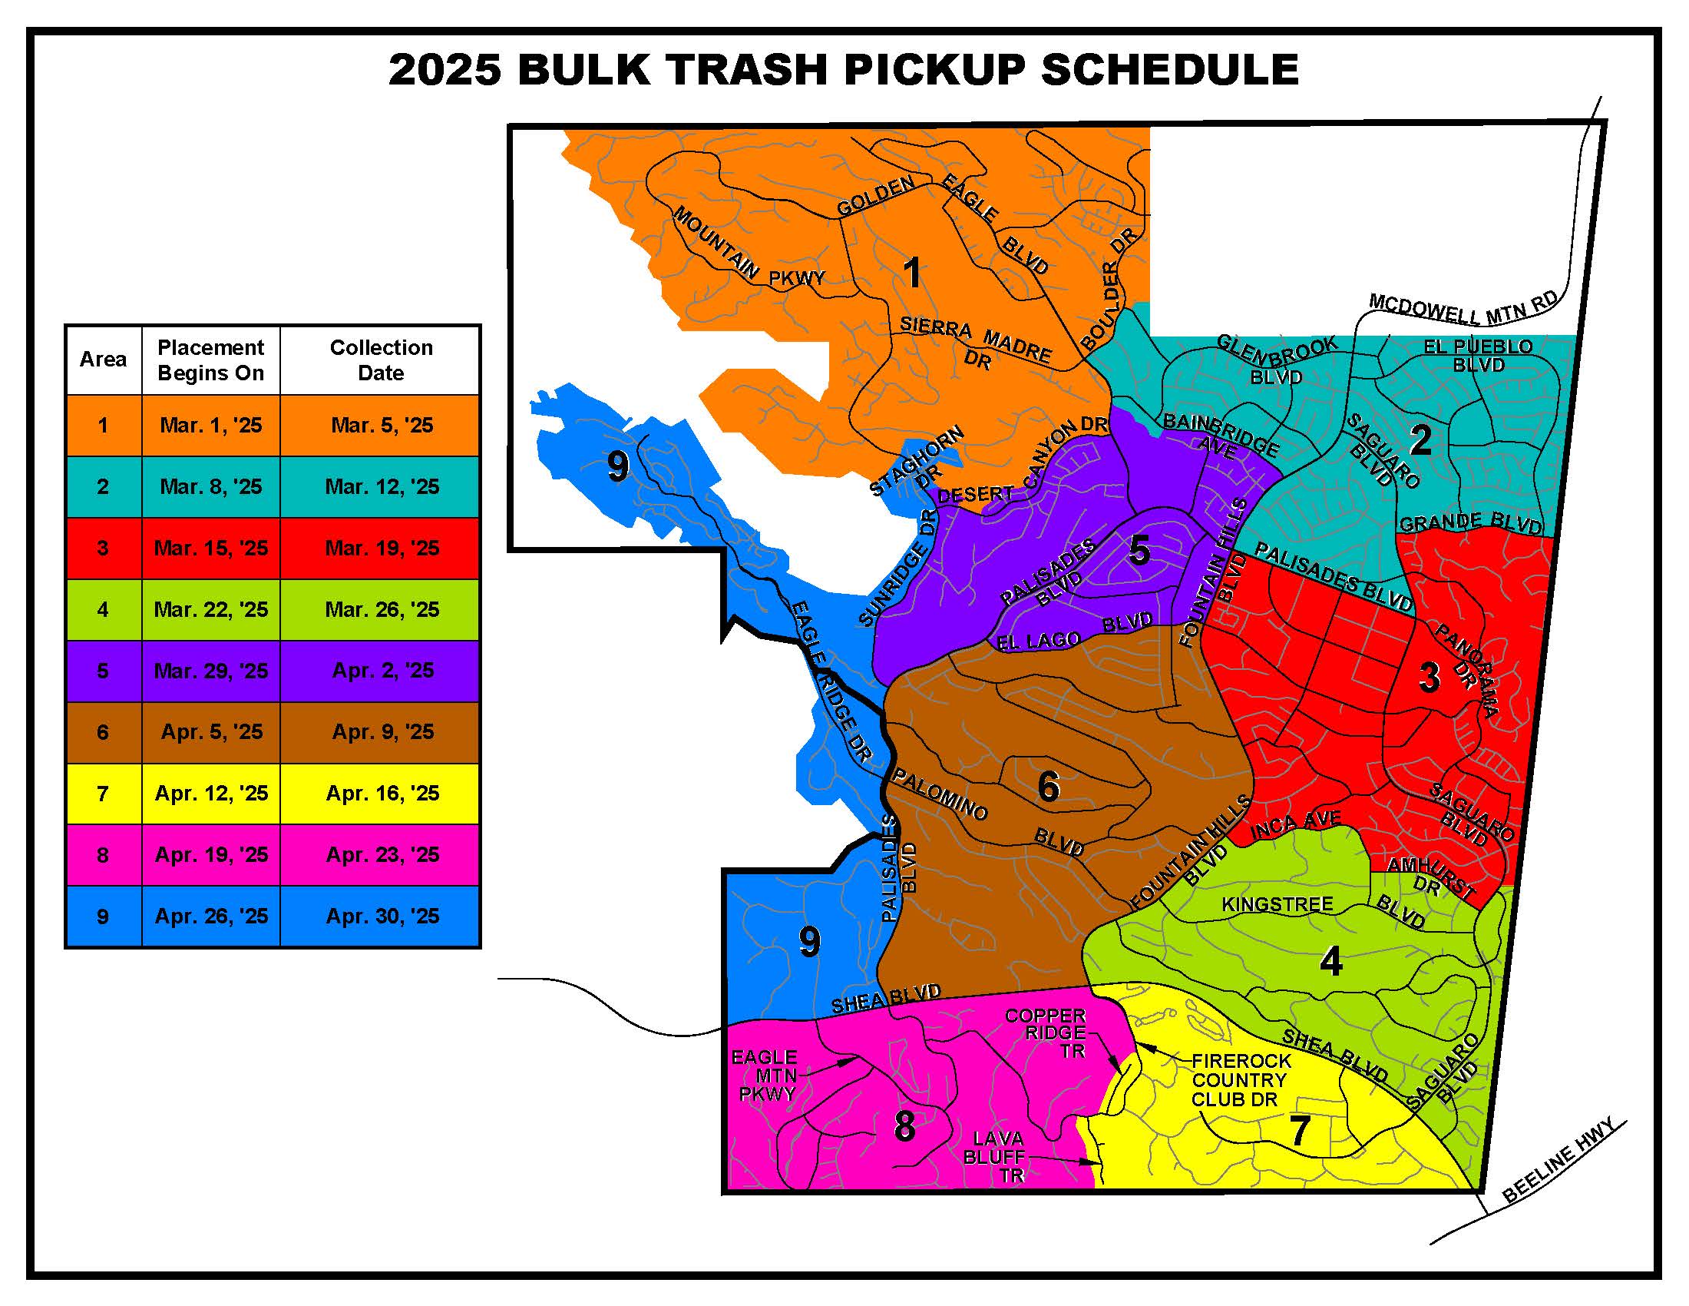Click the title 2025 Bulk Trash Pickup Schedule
click(x=843, y=70)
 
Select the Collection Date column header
click(x=381, y=360)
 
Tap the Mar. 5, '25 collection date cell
click(x=382, y=426)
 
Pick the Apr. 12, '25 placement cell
click(x=211, y=794)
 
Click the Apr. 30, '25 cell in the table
click(x=382, y=917)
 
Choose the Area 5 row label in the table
click(x=103, y=671)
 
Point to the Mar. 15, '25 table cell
click(x=211, y=549)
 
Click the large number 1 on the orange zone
click(x=913, y=273)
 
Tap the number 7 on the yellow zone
click(x=1300, y=1130)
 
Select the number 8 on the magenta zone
click(x=904, y=1125)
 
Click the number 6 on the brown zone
click(x=1048, y=787)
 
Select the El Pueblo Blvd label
click(x=1478, y=356)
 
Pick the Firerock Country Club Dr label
click(x=1241, y=1080)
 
